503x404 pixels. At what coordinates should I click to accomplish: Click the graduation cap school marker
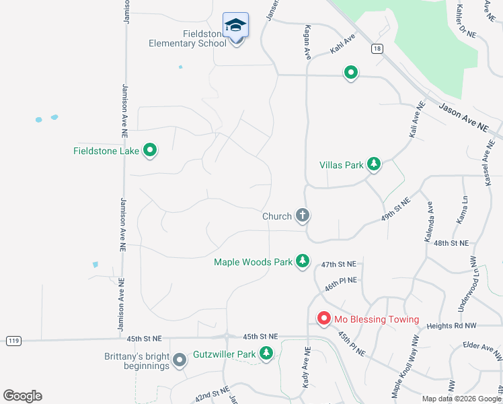pos(235,26)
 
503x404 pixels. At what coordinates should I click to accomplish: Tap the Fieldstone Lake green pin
pos(150,150)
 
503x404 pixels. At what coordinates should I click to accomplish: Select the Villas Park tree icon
pos(373,164)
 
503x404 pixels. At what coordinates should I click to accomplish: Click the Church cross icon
pos(303,216)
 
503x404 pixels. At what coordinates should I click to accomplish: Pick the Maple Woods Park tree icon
pos(303,261)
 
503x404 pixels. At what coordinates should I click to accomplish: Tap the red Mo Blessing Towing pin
pos(323,318)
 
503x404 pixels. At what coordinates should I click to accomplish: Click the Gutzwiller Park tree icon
pos(266,353)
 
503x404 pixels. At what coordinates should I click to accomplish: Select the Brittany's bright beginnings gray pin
pos(179,361)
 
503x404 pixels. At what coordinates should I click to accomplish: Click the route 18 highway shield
pos(377,48)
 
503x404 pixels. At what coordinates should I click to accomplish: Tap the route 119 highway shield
pos(13,341)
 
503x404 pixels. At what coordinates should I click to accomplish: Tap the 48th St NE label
pos(451,242)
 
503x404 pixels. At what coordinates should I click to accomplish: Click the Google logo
pos(22,396)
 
